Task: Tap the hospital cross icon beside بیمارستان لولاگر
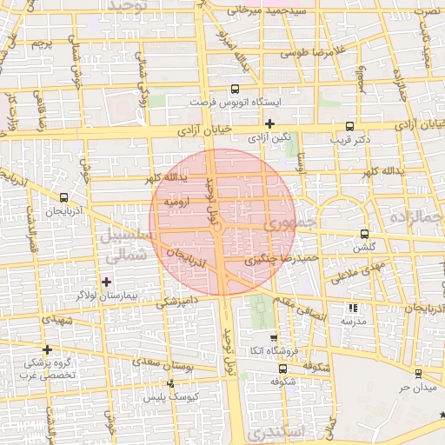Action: [107, 282]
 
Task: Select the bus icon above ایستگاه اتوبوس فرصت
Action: [235, 90]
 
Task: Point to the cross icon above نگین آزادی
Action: [269, 124]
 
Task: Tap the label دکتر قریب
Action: [350, 138]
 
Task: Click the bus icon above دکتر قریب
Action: [350, 126]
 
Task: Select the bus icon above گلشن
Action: [363, 234]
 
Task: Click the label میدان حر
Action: [417, 386]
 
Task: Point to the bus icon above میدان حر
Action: [418, 374]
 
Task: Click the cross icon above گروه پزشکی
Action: [46, 349]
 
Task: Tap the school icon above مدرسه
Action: [352, 308]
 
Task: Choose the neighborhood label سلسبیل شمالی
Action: [128, 246]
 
